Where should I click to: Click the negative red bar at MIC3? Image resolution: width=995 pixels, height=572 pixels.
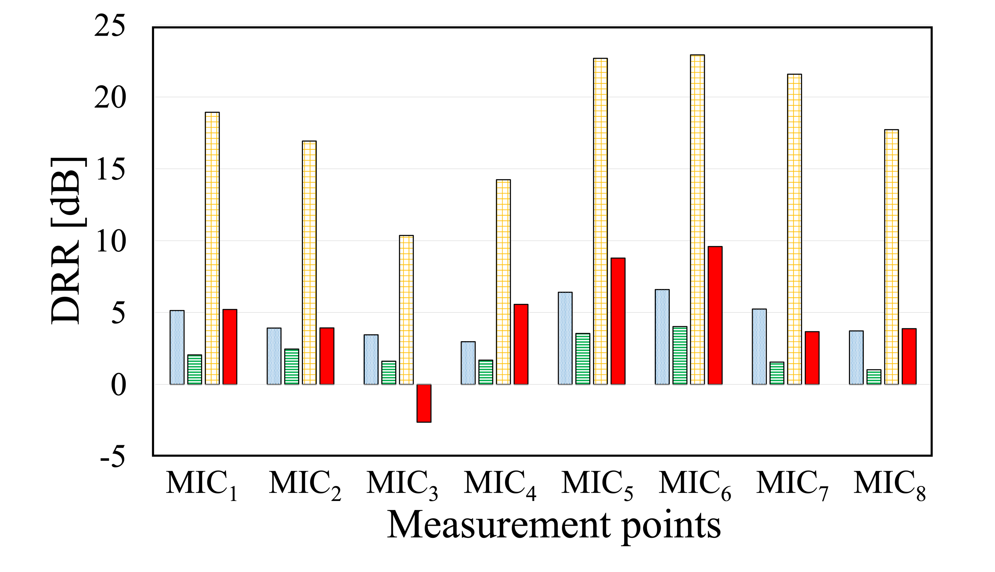tap(424, 403)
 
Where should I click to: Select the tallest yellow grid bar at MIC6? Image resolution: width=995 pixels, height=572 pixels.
tap(697, 220)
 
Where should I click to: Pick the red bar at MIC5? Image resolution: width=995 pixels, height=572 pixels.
tap(618, 321)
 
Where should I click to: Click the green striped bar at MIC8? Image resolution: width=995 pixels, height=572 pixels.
tap(874, 377)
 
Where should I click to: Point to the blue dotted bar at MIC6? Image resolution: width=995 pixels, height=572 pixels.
tap(662, 337)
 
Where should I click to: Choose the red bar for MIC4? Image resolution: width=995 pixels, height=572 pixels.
tap(521, 344)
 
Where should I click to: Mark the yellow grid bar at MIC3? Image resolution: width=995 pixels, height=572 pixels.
tap(406, 310)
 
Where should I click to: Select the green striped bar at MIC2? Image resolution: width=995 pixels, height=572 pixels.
tap(292, 367)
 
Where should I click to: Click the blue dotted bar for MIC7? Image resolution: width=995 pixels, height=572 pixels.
tap(759, 347)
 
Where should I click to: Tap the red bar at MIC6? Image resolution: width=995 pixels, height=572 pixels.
tap(715, 315)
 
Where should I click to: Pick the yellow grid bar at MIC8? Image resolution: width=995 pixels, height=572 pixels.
tap(891, 257)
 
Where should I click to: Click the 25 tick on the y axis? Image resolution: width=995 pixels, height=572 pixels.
tap(110, 27)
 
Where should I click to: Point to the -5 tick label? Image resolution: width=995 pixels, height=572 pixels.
tap(113, 457)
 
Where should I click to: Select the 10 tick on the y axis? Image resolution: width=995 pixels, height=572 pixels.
tap(110, 242)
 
